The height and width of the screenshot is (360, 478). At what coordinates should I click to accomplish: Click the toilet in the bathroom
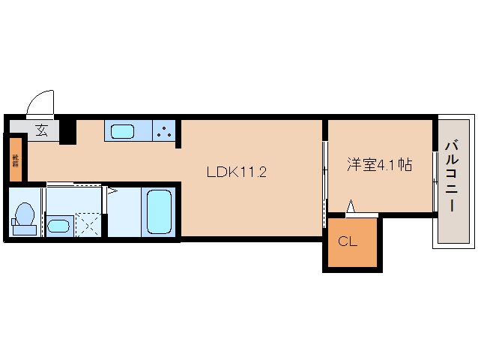point(25,214)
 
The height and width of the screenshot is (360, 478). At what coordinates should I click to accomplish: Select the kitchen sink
point(122,132)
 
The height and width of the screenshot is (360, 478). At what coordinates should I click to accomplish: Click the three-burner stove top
point(164,132)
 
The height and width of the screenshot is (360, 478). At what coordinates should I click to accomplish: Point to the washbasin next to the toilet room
point(59,225)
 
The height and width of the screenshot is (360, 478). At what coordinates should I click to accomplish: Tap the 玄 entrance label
point(42,130)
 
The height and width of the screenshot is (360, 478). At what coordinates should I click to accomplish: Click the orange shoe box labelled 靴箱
point(16,158)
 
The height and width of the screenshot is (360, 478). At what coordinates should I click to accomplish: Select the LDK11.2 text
point(237,172)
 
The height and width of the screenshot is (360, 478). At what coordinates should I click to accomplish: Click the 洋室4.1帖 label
point(379,164)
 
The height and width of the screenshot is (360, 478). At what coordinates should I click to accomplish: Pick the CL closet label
point(347,241)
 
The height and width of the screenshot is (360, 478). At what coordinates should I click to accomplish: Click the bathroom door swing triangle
point(111,192)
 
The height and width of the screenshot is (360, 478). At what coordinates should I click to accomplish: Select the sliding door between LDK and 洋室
point(324,172)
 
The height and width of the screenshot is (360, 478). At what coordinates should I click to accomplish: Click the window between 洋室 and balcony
point(434,172)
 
